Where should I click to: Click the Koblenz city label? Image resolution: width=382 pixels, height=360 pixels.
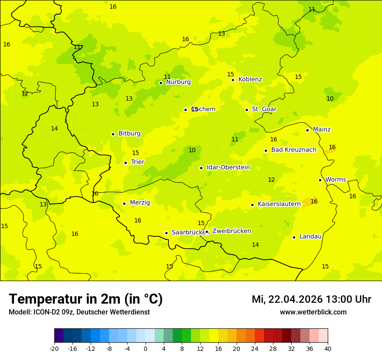[x=250, y=79]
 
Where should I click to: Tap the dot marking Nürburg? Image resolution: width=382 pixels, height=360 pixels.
[x=161, y=83]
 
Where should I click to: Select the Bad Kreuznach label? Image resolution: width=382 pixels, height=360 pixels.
[x=293, y=150]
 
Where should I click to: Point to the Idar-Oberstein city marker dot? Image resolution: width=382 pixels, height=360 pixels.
[x=201, y=168]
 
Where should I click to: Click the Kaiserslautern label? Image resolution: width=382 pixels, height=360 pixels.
[x=279, y=204]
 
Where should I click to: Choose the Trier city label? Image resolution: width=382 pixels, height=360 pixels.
[x=138, y=162]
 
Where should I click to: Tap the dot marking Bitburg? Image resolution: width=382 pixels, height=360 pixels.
[x=113, y=134]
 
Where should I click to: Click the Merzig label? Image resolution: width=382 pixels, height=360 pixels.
[x=140, y=203]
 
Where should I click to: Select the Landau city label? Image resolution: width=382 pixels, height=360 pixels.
[x=310, y=236]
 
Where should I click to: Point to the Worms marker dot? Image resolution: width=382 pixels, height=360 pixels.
[x=320, y=180]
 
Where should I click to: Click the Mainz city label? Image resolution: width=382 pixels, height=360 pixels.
[x=322, y=130]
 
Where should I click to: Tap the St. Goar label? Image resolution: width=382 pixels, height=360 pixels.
[x=264, y=109]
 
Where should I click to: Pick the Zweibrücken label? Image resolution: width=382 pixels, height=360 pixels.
[x=231, y=231]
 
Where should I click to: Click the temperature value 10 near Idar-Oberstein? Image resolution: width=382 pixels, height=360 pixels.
[x=192, y=151]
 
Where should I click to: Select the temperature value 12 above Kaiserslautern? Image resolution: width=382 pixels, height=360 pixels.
[x=271, y=180]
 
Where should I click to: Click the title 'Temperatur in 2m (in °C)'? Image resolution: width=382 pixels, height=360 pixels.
[x=86, y=299]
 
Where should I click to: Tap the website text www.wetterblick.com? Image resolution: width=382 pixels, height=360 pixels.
[x=313, y=312]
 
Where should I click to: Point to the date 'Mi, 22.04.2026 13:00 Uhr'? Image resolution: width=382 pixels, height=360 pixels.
[x=311, y=299]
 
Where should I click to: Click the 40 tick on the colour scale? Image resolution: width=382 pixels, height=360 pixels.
[x=328, y=348]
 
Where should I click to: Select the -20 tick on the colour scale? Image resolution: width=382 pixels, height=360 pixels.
[x=54, y=348]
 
